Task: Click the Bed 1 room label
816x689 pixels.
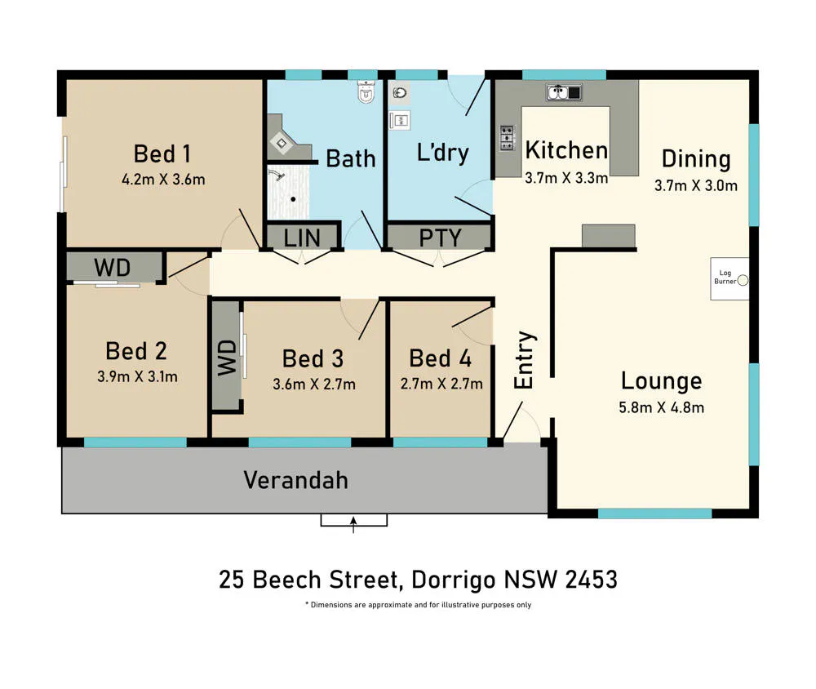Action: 162,154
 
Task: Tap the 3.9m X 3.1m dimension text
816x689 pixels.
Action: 137,376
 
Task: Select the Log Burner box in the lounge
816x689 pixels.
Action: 730,278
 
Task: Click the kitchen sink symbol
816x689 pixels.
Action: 564,92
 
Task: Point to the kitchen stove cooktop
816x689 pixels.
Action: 508,138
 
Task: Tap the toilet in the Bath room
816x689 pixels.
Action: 366,91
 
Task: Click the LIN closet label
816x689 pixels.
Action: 302,238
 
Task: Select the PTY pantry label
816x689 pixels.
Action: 441,238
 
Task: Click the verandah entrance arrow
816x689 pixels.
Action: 353,524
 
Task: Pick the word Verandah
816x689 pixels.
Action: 295,480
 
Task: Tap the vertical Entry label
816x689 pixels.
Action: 524,360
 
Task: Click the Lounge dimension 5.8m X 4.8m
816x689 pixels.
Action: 662,407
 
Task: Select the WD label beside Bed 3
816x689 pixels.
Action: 227,358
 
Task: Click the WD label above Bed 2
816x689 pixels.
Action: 113,269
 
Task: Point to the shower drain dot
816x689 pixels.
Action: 294,199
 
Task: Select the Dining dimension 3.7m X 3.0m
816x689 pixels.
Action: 696,185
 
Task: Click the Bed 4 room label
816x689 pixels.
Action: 441,358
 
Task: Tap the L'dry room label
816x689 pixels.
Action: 443,153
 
